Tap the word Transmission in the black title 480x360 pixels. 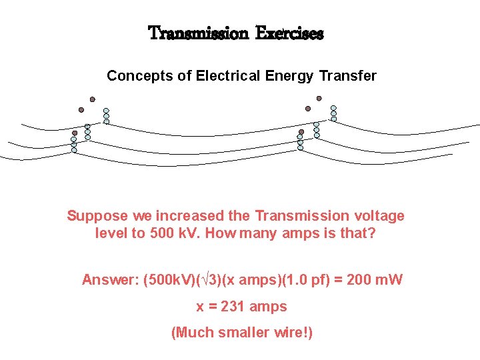click(x=197, y=33)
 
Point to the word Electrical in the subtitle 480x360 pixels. click(x=229, y=76)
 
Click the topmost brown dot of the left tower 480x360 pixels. click(x=92, y=99)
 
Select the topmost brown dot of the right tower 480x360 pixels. click(x=319, y=98)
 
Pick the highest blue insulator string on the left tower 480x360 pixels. click(x=106, y=116)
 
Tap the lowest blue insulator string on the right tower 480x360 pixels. click(x=301, y=144)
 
